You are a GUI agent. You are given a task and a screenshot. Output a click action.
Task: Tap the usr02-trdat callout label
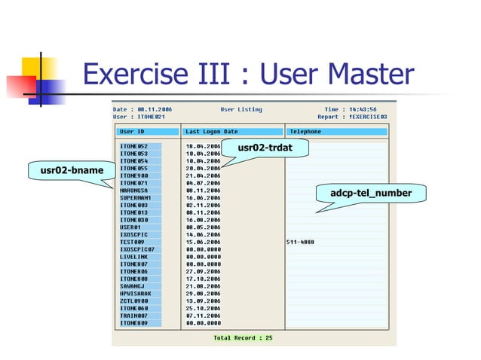pyautogui.click(x=263, y=148)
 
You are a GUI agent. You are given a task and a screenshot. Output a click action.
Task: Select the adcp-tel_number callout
pyautogui.click(x=371, y=194)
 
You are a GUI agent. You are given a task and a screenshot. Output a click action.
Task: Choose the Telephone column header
pyautogui.click(x=305, y=132)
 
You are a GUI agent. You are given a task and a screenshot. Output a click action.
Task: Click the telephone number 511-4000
pyautogui.click(x=301, y=242)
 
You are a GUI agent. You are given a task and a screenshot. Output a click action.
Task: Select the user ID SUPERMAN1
pyautogui.click(x=136, y=198)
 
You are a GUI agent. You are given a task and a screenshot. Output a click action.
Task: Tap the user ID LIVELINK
pyautogui.click(x=134, y=256)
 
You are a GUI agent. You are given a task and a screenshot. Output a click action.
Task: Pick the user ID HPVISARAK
pyautogui.click(x=136, y=293)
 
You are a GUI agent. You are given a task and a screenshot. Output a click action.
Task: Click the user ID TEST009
pyautogui.click(x=132, y=242)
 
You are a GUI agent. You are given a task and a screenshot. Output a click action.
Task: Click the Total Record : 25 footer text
pyautogui.click(x=244, y=337)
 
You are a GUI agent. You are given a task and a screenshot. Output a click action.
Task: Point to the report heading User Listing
pyautogui.click(x=241, y=110)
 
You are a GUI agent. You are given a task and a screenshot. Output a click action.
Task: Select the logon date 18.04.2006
pyautogui.click(x=203, y=146)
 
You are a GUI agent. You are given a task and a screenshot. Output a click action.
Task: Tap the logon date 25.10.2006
pyautogui.click(x=203, y=307)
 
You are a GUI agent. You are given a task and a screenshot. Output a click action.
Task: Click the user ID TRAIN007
pyautogui.click(x=134, y=315)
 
